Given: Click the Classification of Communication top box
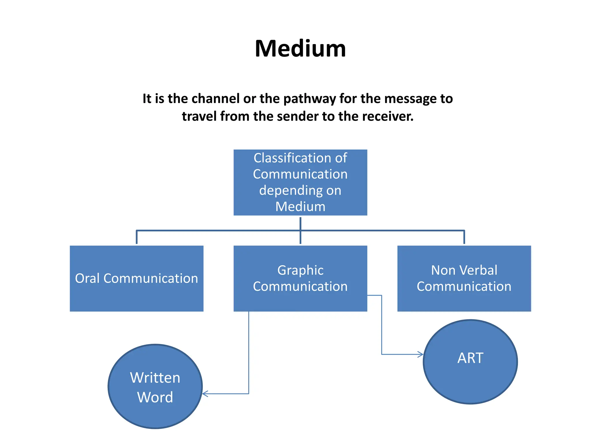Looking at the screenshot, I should coord(300,182).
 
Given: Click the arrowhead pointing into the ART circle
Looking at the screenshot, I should coord(421,354).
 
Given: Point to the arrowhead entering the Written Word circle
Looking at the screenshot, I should coord(205,394).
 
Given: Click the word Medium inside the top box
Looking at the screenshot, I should coord(300,207).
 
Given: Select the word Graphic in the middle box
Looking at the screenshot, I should coord(300,270).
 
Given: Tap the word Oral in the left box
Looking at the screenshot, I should coord(87,278).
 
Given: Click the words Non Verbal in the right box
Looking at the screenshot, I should coord(464,270).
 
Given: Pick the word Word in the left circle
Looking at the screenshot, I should coord(155,397).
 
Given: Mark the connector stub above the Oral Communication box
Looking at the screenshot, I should coord(136,237).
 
